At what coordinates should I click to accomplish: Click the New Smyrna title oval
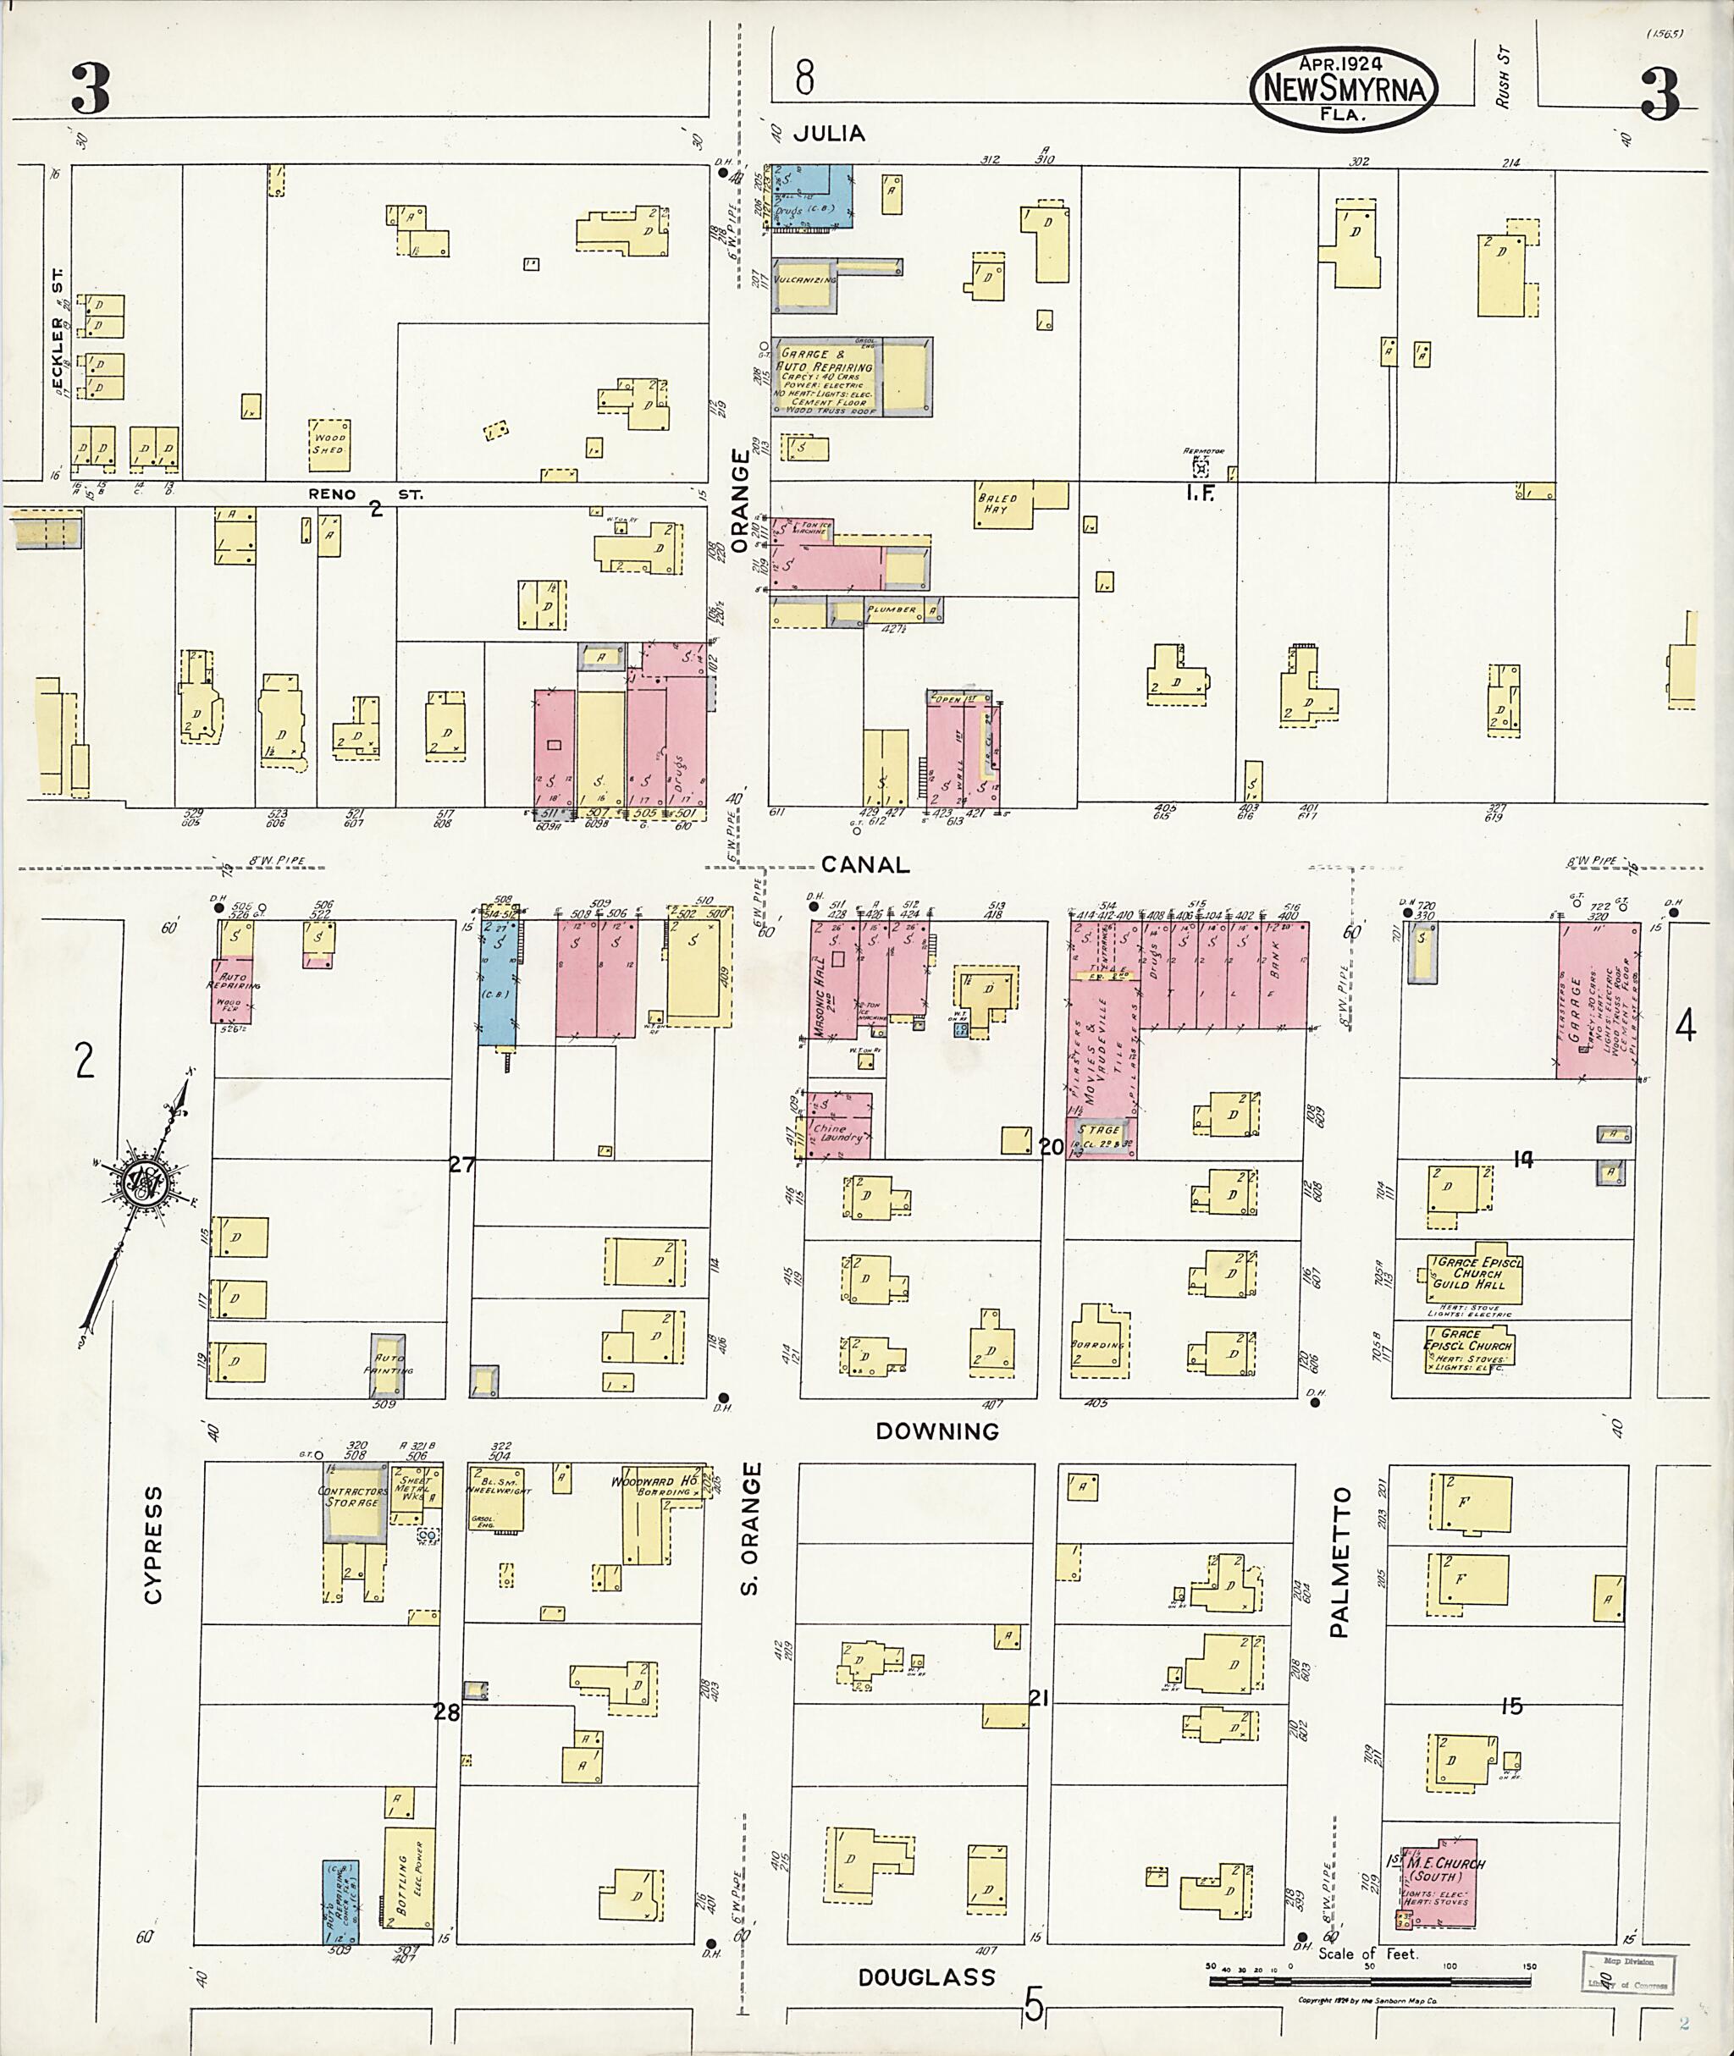coord(1343,87)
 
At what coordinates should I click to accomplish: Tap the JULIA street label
coord(829,133)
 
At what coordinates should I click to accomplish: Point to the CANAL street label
coord(865,864)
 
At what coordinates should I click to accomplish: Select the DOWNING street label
coord(936,1431)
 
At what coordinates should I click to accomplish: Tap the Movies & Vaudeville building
coord(1102,1051)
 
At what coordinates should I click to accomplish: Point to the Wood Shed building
coord(329,445)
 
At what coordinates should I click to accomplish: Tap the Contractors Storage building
coord(354,1502)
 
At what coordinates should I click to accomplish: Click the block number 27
coord(462,1165)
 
